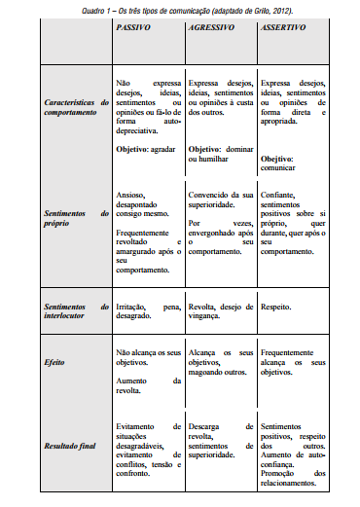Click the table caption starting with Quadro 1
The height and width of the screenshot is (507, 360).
click(x=180, y=7)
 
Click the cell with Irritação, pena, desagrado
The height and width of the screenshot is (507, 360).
click(x=148, y=310)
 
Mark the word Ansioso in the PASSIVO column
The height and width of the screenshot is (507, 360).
click(x=130, y=195)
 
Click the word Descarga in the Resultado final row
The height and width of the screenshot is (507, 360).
click(x=203, y=399)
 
